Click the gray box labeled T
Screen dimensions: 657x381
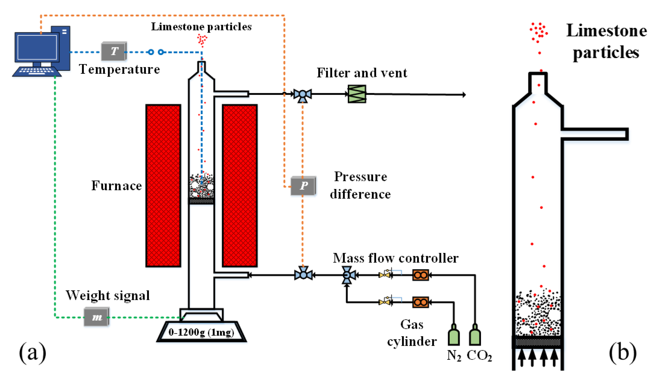pyautogui.click(x=114, y=51)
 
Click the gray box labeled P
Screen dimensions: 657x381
pyautogui.click(x=303, y=186)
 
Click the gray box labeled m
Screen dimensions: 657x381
pyautogui.click(x=96, y=317)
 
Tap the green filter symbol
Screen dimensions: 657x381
pyautogui.click(x=357, y=94)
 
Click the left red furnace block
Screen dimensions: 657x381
pyautogui.click(x=163, y=186)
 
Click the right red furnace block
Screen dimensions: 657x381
pyautogui.click(x=240, y=186)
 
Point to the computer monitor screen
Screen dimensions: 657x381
pyautogui.click(x=37, y=47)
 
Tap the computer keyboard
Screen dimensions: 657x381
pyautogui.click(x=37, y=71)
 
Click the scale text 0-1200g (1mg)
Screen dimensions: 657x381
pyautogui.click(x=201, y=332)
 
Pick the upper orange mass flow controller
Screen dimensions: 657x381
pyautogui.click(x=420, y=275)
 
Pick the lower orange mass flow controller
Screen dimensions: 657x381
pyautogui.click(x=420, y=302)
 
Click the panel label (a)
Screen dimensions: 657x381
pyautogui.click(x=33, y=353)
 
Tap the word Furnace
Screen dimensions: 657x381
pyautogui.click(x=117, y=186)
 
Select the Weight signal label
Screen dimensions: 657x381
pyautogui.click(x=107, y=296)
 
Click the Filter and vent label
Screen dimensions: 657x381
pyautogui.click(x=362, y=73)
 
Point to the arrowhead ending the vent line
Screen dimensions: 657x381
pyautogui.click(x=464, y=94)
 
